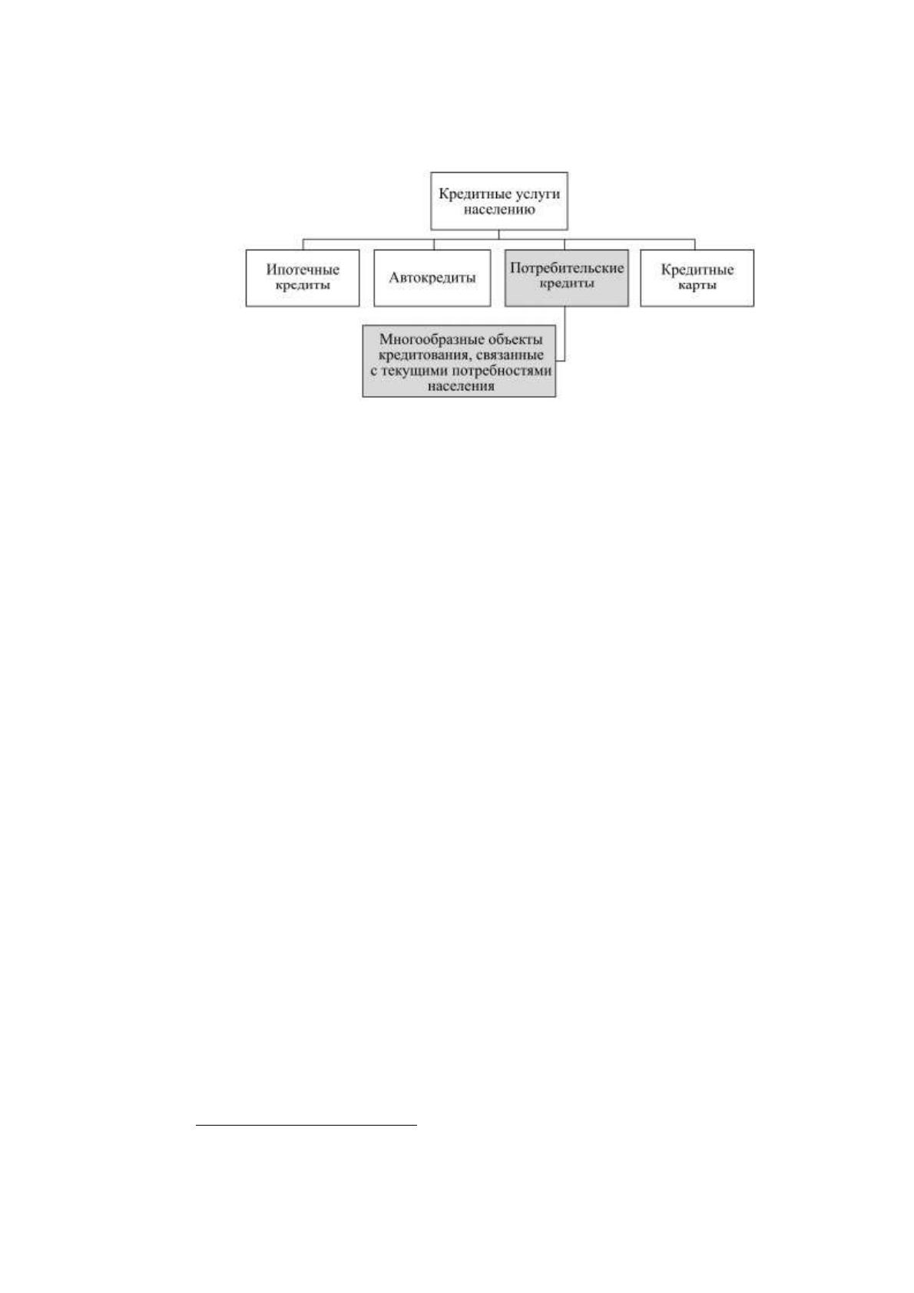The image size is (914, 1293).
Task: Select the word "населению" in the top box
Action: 499,210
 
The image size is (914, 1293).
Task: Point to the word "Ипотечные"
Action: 303,270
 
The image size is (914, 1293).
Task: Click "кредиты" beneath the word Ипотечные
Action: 303,286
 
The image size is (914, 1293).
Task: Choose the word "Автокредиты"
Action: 432,278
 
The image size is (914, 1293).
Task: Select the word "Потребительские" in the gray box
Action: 567,269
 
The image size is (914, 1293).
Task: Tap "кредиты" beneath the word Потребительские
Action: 567,284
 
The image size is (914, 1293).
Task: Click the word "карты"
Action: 697,286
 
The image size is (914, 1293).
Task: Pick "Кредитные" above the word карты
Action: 697,270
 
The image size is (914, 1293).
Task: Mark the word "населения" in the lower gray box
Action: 461,386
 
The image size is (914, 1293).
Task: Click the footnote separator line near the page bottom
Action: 306,1125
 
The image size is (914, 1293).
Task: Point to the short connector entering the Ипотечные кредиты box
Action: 303,244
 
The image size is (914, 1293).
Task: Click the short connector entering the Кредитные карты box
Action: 694,244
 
